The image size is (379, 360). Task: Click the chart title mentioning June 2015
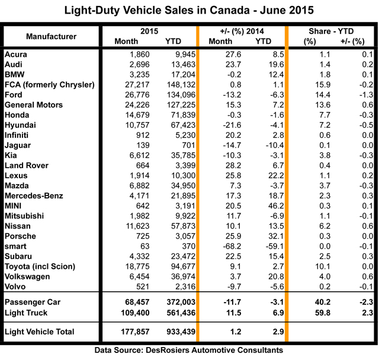(189, 11)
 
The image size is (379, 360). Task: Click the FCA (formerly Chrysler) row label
(50, 85)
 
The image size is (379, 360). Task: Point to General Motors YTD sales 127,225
(172, 105)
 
